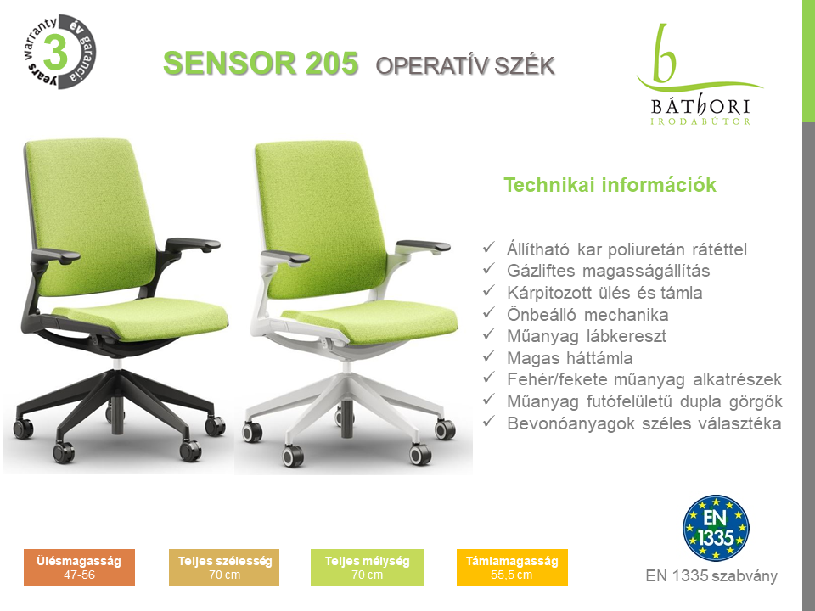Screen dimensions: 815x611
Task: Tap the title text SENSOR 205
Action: pyautogui.click(x=261, y=64)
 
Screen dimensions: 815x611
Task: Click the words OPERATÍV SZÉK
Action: pyautogui.click(x=465, y=66)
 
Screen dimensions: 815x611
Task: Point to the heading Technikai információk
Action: pyautogui.click(x=610, y=185)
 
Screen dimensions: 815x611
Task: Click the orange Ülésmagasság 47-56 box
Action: pyautogui.click(x=79, y=568)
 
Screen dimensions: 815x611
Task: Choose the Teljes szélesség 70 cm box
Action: pyautogui.click(x=224, y=568)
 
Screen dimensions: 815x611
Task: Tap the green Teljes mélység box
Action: pyautogui.click(x=367, y=568)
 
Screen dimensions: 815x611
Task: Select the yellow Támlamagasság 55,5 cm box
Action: pyautogui.click(x=512, y=568)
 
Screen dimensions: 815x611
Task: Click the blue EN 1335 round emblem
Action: pyautogui.click(x=716, y=528)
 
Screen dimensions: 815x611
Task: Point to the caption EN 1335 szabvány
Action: pyautogui.click(x=711, y=576)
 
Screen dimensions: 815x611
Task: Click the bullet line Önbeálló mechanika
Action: pyautogui.click(x=587, y=315)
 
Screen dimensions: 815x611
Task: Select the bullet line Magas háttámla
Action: pyautogui.click(x=570, y=358)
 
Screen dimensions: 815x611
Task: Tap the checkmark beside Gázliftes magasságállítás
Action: pyautogui.click(x=489, y=269)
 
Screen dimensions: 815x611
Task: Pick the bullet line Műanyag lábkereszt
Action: pyautogui.click(x=587, y=336)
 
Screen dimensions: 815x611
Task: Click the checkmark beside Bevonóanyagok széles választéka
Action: pyautogui.click(x=489, y=422)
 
